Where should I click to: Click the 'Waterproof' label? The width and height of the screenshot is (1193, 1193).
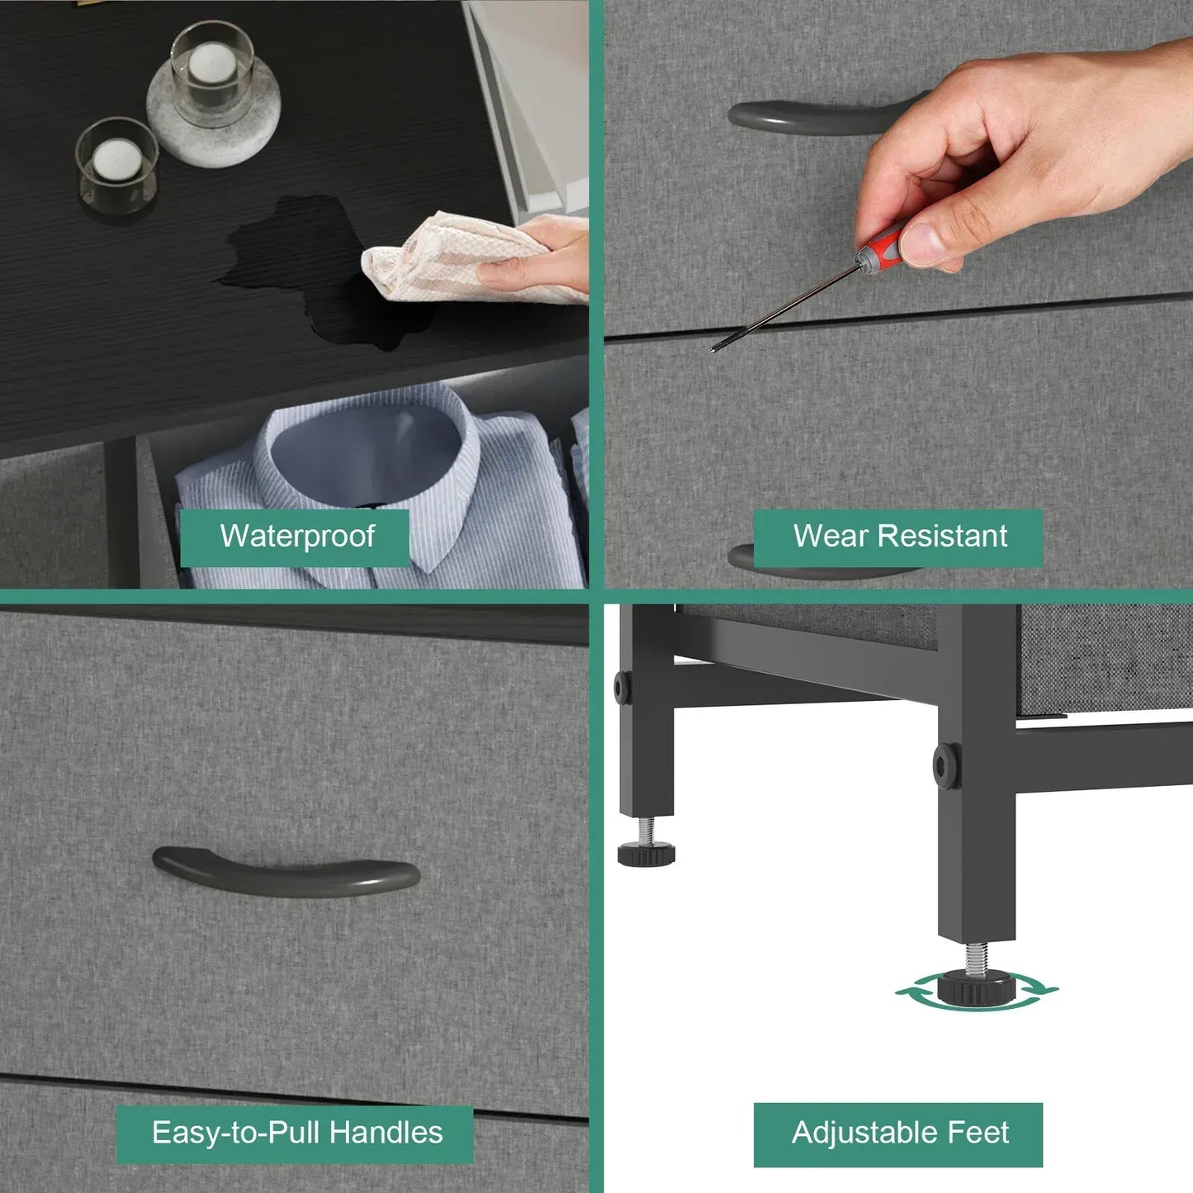tap(296, 536)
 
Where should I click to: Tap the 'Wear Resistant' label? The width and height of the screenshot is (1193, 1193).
tap(898, 536)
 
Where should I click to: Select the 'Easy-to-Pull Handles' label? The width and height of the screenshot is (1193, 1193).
tap(295, 1133)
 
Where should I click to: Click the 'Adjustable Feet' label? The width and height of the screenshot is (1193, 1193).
tap(898, 1133)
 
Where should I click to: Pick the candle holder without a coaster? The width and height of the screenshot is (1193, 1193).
tap(116, 164)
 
